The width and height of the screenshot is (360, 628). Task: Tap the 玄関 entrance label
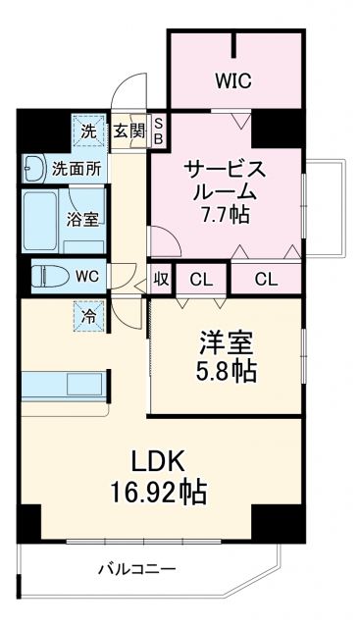pos(127,131)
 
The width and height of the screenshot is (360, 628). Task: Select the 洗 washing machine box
pos(87,131)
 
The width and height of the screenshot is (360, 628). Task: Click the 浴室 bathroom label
pos(81,219)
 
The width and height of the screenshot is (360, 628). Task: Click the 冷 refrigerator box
pos(87,315)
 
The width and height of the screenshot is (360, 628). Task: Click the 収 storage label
pos(161,279)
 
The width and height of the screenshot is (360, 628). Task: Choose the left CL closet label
pos(201,279)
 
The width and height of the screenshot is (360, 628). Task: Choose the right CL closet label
pos(265,279)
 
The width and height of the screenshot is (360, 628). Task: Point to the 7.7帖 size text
pos(225,213)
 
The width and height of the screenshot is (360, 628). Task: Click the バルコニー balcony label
pos(137,569)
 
